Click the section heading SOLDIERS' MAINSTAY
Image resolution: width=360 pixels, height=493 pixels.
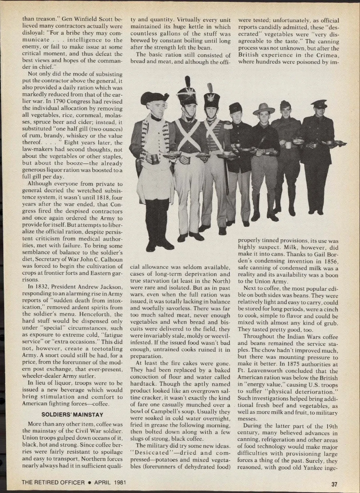[72, 415]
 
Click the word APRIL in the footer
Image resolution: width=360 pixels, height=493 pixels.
[103, 483]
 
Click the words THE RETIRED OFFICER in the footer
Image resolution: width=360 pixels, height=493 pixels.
[53, 483]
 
